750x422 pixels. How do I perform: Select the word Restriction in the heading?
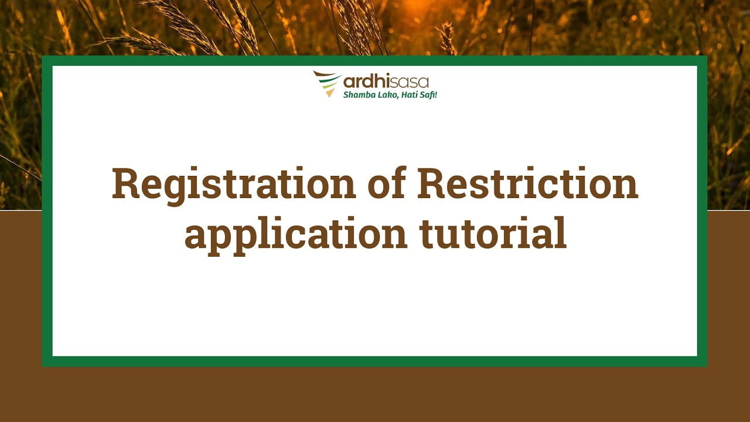[x=527, y=183]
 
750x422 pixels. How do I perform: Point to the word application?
[x=296, y=234]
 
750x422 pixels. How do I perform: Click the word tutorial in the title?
[x=493, y=233]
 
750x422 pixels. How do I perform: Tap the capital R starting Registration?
[x=126, y=183]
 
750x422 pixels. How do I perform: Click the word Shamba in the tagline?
[x=357, y=95]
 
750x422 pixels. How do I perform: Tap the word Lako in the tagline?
[x=385, y=95]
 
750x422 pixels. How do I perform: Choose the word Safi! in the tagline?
[x=428, y=95]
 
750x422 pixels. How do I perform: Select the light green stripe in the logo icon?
[x=329, y=86]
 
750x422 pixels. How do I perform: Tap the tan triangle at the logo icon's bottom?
[x=330, y=93]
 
